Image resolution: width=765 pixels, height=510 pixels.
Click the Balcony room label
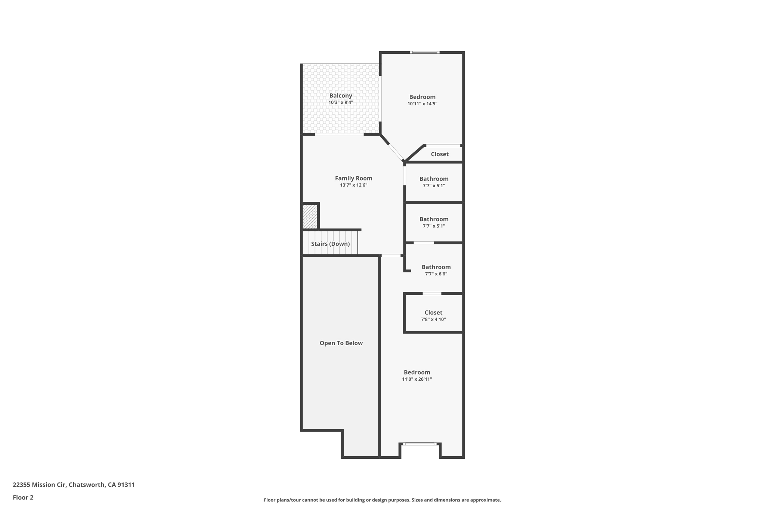(x=340, y=96)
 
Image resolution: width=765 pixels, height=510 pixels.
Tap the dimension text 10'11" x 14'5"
(x=422, y=104)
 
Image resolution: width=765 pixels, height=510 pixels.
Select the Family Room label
(x=353, y=178)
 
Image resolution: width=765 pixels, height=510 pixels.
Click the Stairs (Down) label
(x=330, y=244)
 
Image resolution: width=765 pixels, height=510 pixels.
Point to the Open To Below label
(x=341, y=343)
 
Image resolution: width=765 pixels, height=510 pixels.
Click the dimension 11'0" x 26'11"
(x=417, y=379)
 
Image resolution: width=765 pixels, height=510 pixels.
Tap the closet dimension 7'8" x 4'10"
(x=433, y=319)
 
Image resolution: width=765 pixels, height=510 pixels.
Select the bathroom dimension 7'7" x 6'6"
(x=436, y=274)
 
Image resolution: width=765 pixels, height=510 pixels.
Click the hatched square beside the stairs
(x=310, y=217)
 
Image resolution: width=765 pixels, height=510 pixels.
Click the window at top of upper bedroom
(x=424, y=52)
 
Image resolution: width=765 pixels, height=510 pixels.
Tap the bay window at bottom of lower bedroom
(x=420, y=444)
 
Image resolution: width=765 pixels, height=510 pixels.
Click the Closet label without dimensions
(x=440, y=154)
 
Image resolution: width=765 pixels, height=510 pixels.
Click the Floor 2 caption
(x=23, y=497)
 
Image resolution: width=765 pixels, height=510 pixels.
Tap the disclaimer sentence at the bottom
(x=382, y=500)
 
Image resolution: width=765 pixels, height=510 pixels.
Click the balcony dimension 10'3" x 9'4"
(x=340, y=102)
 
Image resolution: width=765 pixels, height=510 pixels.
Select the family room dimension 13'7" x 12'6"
(x=353, y=185)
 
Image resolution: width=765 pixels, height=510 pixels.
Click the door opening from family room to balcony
(x=339, y=135)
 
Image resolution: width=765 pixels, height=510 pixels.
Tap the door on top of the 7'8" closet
(x=432, y=294)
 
